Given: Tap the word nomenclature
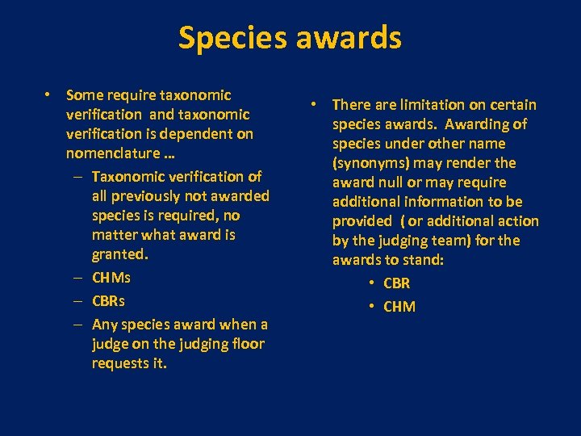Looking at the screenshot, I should coord(113,153).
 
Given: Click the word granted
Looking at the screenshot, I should coord(120,254).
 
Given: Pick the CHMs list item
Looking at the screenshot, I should coord(111,278).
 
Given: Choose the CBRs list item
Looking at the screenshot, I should coord(109,301).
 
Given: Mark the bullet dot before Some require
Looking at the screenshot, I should coord(49,95).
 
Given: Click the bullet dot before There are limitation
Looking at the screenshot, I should coord(316,105).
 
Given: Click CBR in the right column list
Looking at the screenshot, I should coord(397,283).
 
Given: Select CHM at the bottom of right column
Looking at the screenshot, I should coord(399,307).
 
